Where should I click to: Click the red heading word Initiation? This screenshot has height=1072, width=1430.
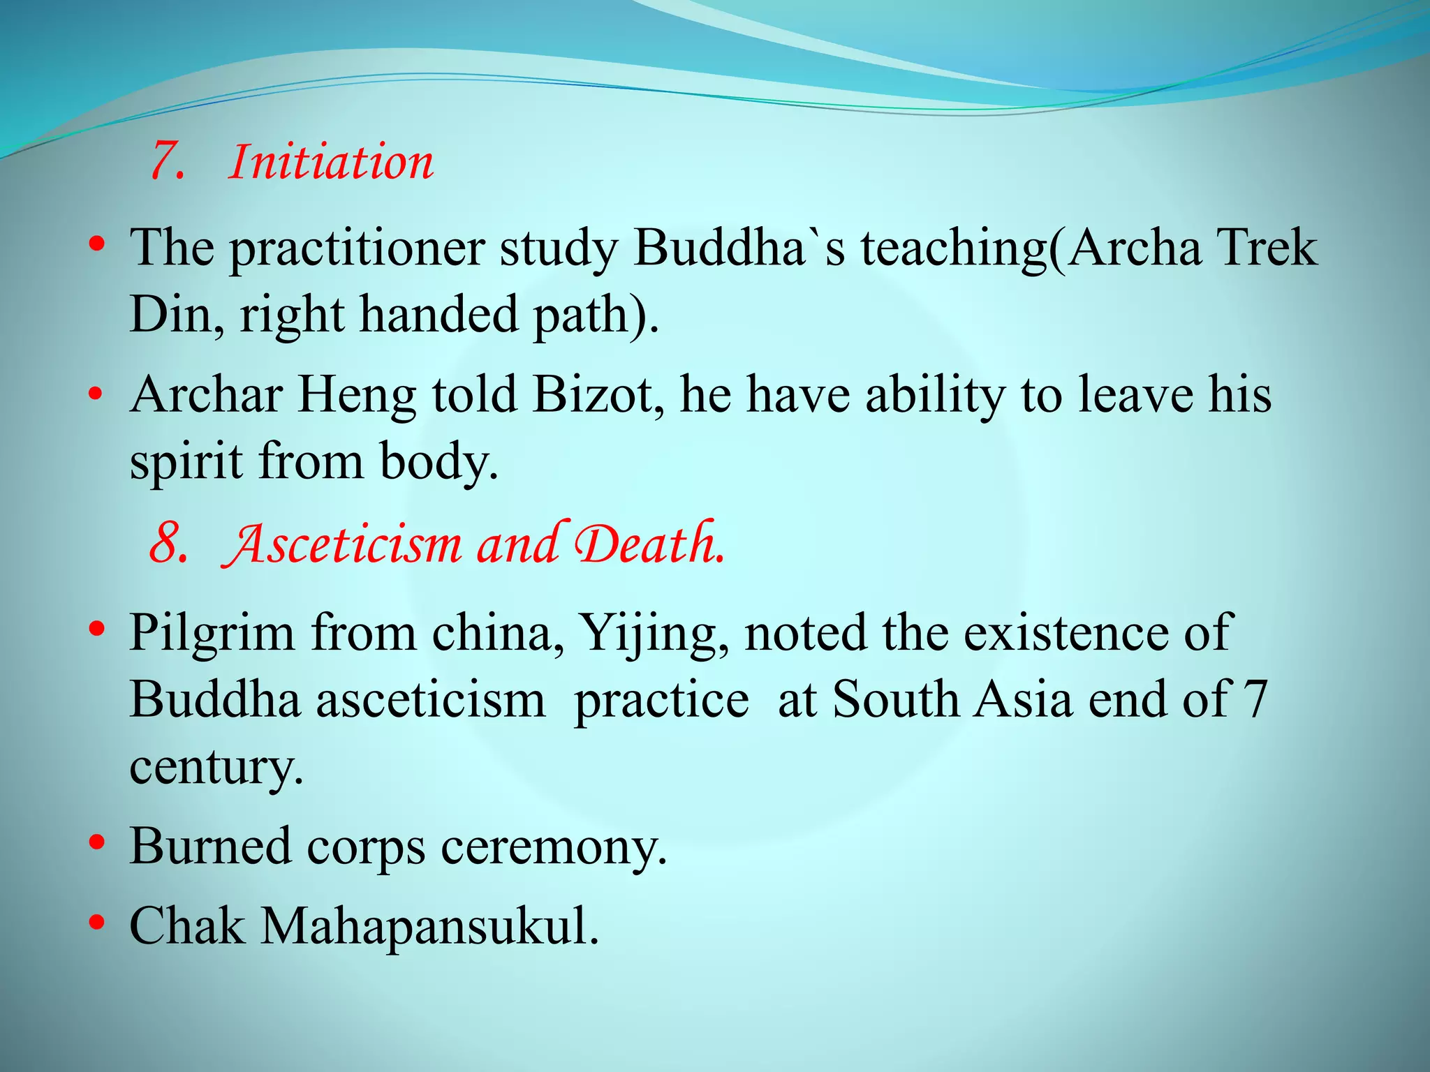point(331,162)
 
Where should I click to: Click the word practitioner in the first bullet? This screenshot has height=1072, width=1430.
point(357,250)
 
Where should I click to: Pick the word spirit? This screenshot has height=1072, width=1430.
point(186,462)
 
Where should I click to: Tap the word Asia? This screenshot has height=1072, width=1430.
point(1023,699)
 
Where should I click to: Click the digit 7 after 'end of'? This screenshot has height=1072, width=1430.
point(1255,699)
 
